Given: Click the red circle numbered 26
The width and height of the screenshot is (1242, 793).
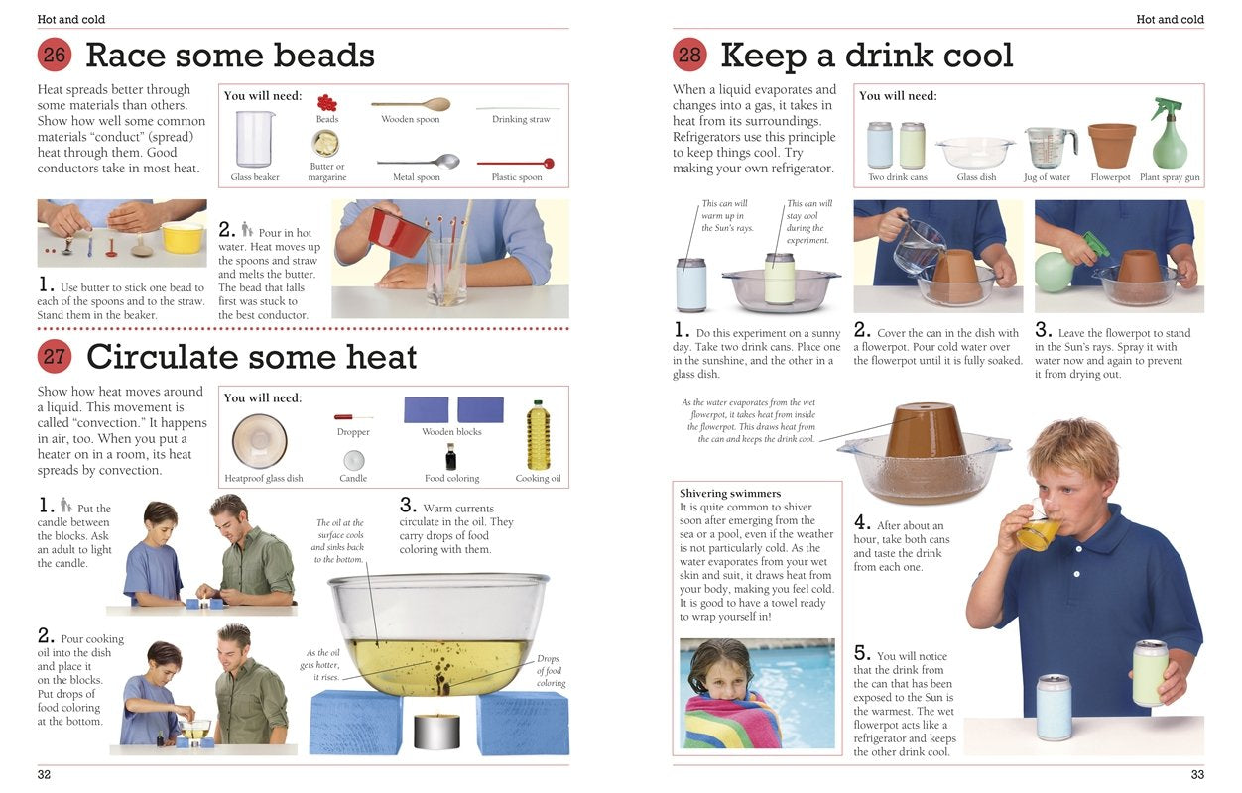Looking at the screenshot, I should (x=55, y=55).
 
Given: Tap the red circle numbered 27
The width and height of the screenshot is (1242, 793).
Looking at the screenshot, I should (x=55, y=356).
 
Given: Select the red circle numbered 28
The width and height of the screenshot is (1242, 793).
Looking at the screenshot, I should (x=689, y=55).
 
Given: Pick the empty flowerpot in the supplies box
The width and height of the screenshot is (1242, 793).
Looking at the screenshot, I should (x=1111, y=145).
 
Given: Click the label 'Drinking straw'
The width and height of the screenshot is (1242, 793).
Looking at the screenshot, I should (x=521, y=120).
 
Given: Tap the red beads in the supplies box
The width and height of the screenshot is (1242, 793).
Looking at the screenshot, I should (x=326, y=102).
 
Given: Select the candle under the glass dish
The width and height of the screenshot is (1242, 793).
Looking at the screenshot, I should (x=436, y=731).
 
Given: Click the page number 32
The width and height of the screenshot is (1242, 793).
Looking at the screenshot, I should (x=44, y=774).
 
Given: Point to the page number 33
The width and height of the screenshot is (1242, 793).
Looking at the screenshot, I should (x=1197, y=774).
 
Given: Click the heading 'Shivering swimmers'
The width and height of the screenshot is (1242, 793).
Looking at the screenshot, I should (x=730, y=493).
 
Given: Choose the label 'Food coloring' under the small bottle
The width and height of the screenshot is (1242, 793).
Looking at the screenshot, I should (x=451, y=479).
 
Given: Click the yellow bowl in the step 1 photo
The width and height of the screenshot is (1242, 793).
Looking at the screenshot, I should (x=183, y=238).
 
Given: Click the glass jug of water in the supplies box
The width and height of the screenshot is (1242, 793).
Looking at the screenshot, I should (x=1050, y=147).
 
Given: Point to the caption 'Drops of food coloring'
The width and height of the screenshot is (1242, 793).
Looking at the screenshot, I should (x=551, y=671).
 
